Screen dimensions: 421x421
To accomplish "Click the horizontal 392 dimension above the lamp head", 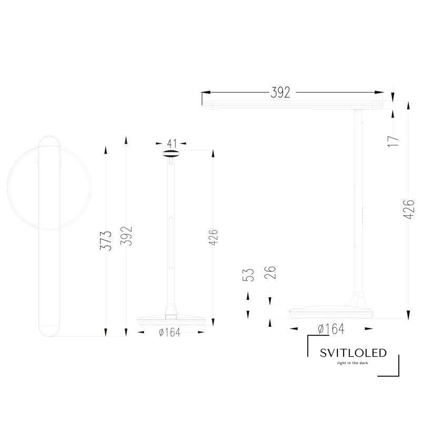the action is pos(280,93).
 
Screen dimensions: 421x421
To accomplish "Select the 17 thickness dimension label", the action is pos(393,141).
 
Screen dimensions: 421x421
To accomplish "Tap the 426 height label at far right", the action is pos(409,209).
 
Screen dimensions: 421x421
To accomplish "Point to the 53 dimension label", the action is pos(248,275).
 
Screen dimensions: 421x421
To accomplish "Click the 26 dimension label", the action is pos(270,272).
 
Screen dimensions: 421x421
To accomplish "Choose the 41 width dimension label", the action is pos(172,144).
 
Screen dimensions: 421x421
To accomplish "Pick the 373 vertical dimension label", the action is pos(106,240).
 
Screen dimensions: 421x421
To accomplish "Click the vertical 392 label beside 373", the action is pos(126,236).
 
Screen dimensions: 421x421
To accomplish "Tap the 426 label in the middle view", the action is pos(213,237).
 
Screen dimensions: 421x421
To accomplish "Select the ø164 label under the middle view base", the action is pos(169,333).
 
